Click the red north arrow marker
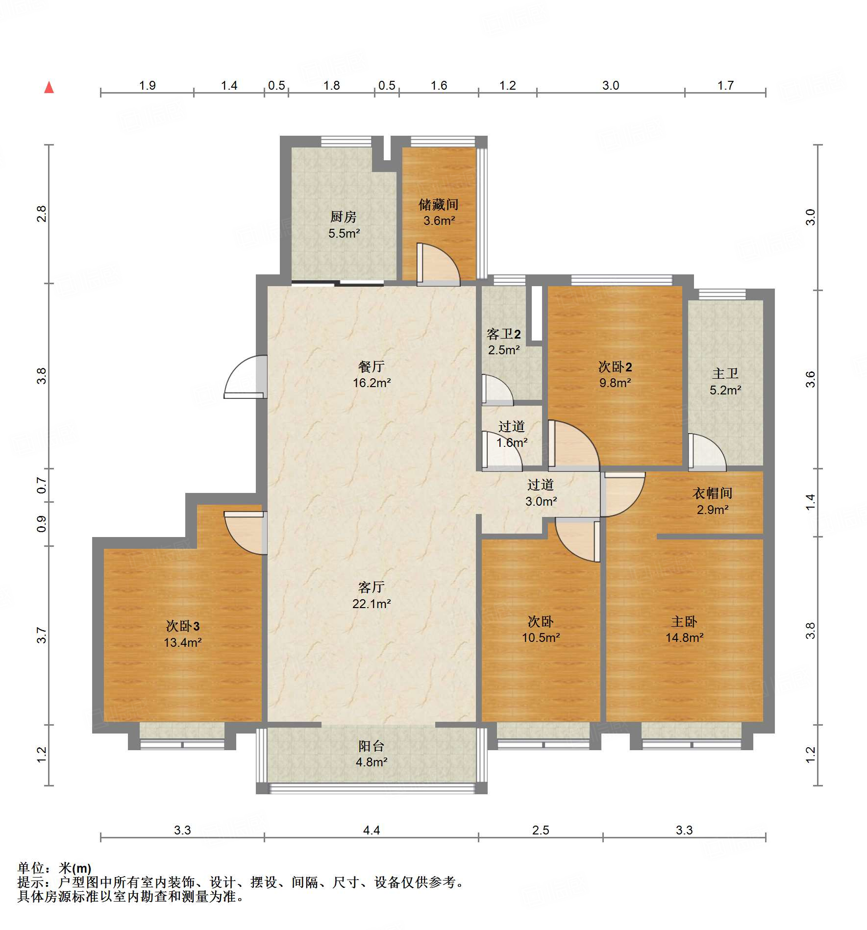[49, 88]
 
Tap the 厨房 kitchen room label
[343, 216]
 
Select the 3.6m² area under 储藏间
[439, 221]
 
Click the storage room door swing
[438, 265]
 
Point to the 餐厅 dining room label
[371, 367]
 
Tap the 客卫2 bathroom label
[503, 334]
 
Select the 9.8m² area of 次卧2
[615, 383]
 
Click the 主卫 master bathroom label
[725, 374]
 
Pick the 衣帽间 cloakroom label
[712, 493]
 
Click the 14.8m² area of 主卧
[684, 638]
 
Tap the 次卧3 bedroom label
[182, 626]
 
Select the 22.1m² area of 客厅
[371, 604]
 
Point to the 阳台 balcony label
[371, 746]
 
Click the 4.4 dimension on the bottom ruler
[371, 830]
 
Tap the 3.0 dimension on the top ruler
[610, 86]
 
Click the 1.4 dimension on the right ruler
[810, 502]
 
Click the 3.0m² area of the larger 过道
[541, 502]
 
